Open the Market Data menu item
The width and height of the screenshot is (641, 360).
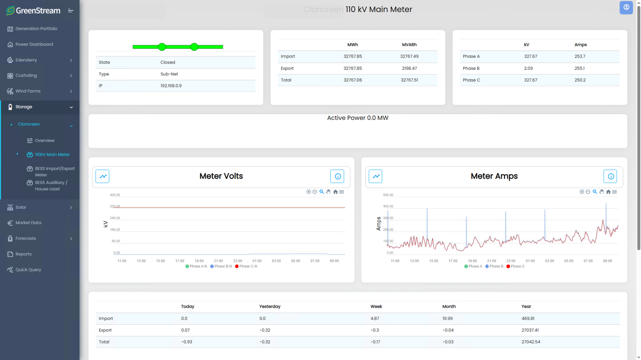tap(28, 223)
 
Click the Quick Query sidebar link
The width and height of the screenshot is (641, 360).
tap(28, 269)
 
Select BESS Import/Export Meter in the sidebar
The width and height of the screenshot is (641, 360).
tap(55, 172)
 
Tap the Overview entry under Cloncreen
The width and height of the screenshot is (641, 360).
tap(44, 141)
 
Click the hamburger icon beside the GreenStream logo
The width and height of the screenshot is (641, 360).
tap(71, 11)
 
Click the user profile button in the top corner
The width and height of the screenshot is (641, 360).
tap(626, 8)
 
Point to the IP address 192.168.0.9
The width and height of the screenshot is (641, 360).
tap(171, 86)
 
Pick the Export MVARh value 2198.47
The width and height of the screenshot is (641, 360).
tap(409, 68)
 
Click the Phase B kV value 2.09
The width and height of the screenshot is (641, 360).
tap(528, 68)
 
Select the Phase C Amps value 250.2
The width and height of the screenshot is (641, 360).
tap(580, 80)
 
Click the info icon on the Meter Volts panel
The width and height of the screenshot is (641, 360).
tap(337, 176)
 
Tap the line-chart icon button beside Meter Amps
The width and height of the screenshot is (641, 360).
tap(376, 176)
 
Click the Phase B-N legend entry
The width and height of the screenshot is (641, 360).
tap(221, 266)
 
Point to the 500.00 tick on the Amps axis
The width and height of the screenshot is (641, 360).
tap(388, 195)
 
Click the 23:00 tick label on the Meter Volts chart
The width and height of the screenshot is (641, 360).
tap(238, 261)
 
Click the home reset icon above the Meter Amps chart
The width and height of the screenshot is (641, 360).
tap(608, 192)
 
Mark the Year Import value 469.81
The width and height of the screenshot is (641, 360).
tap(528, 318)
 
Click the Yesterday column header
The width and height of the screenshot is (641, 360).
tap(270, 307)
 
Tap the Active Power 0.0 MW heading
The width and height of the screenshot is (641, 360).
tap(358, 118)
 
